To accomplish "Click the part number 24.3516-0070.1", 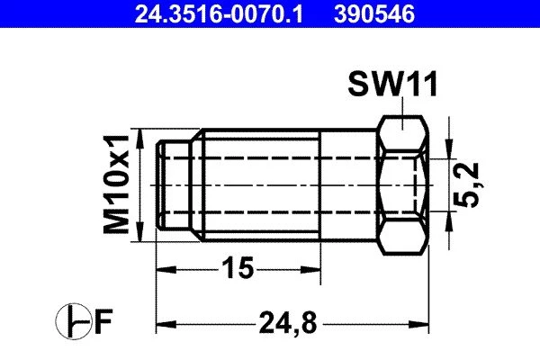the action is (x=219, y=14).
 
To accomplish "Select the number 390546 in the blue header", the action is (x=374, y=14).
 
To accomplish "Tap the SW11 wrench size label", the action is (x=392, y=84).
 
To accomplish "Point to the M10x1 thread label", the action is (x=116, y=184).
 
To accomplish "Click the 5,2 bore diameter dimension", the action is (x=466, y=185).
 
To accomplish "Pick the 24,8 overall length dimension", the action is (x=288, y=323).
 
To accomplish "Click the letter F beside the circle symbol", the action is (x=103, y=321).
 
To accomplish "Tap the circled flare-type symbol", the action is (x=73, y=321).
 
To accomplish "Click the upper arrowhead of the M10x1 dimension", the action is (x=139, y=139).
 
